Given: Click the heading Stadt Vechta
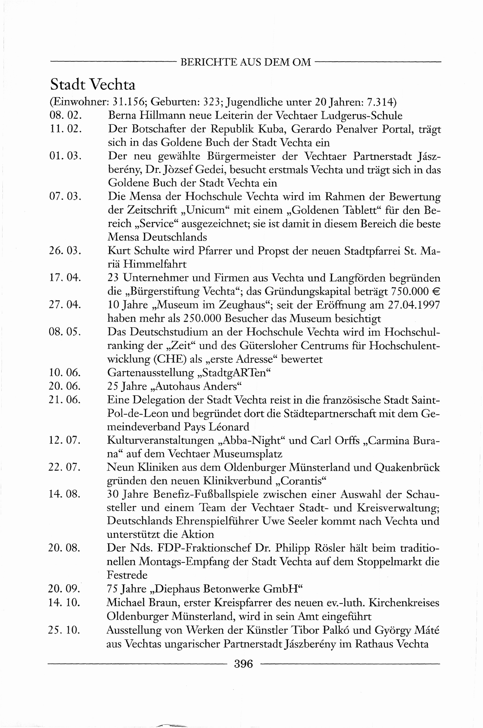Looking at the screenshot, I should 93,85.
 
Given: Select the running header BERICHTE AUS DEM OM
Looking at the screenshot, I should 246,62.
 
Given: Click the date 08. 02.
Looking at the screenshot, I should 65,115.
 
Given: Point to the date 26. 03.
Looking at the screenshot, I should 65,251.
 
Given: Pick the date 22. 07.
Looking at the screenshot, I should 64,467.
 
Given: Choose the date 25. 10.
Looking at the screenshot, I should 64,630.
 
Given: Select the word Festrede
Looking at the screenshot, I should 127,575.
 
